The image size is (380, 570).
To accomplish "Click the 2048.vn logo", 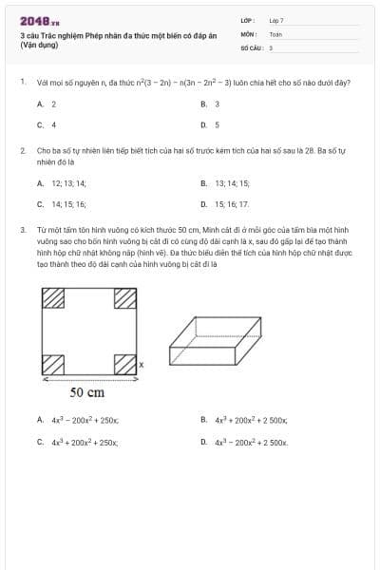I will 39,21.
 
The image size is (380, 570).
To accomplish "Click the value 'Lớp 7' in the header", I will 275,19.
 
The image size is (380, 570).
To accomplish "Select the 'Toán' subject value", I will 275,33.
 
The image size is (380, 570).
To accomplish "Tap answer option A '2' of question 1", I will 53,104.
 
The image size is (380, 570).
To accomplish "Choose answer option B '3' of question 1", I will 218,104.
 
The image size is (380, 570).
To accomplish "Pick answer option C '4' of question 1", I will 53,124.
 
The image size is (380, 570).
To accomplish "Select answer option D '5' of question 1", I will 218,124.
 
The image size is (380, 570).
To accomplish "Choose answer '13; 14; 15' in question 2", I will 232,183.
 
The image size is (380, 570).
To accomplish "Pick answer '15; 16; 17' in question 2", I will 232,204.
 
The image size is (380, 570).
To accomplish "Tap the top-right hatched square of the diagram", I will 125,297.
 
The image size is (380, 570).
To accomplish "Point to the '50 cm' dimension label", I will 87,391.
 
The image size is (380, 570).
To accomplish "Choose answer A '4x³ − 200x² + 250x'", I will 84,419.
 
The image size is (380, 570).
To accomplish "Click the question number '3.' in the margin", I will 22,230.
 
